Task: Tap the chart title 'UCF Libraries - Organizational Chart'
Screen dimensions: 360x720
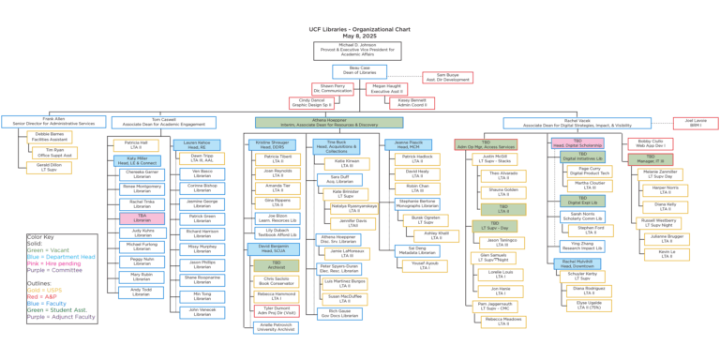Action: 360,20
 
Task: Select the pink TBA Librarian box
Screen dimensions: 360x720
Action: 142,217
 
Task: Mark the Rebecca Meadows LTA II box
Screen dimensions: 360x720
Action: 503,321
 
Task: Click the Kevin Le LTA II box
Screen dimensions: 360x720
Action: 666,253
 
